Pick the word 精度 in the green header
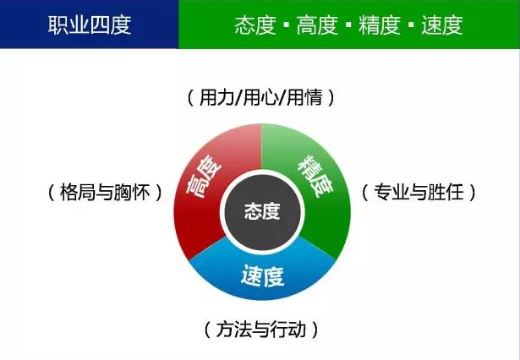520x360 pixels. click(394, 25)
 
